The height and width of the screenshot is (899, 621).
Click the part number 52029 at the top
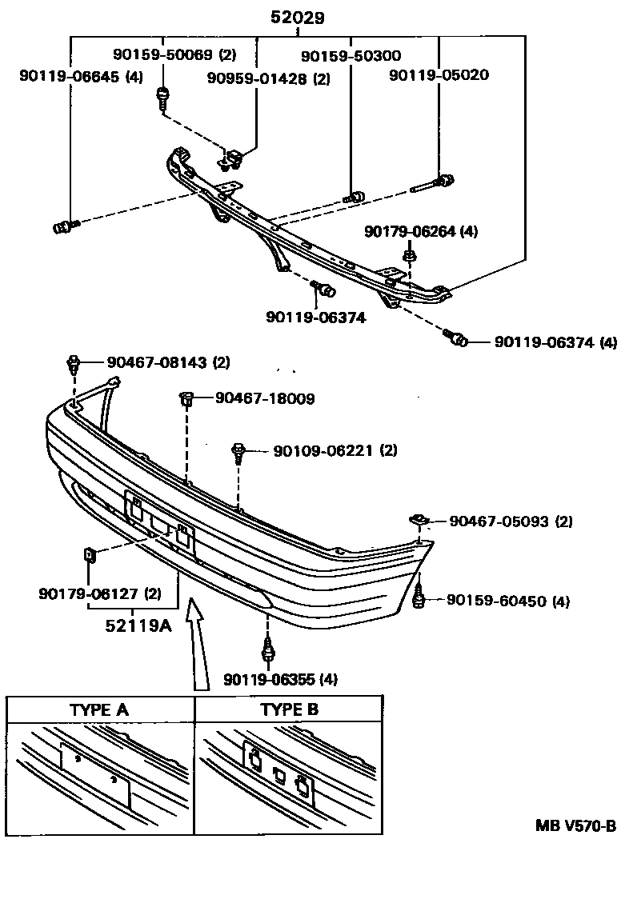pos(297,18)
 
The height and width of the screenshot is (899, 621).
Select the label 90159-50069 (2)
pos(174,55)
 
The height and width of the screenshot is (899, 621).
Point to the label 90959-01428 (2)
pos(268,78)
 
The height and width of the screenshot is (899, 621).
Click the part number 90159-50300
pos(351,56)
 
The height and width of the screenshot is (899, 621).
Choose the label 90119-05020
pos(439,76)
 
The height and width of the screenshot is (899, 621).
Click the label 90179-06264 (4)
pos(420,231)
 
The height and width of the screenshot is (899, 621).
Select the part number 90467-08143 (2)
pos(164,362)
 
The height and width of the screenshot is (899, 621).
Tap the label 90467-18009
pos(265,398)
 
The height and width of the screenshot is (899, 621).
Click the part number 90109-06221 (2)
pos(335,451)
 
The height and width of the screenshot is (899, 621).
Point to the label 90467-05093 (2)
pos(511,521)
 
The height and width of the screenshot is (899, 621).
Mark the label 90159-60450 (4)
pos(507,601)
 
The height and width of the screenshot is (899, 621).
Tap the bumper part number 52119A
pos(138,626)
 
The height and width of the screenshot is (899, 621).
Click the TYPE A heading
pos(99,709)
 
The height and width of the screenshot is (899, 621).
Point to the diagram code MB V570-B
pos(575,826)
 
